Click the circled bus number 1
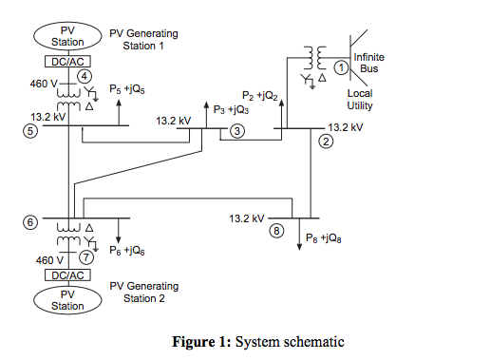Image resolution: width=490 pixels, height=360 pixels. (x=341, y=67)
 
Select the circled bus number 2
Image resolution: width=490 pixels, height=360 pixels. (x=326, y=142)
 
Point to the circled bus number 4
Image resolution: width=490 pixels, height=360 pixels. (x=85, y=75)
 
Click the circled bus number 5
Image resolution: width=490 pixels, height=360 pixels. (x=30, y=132)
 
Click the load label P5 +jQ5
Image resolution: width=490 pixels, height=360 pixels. (x=127, y=88)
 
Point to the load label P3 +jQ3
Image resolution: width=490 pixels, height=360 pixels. (x=231, y=109)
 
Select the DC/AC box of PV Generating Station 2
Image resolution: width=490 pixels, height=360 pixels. (x=67, y=275)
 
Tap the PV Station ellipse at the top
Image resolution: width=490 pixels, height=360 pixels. (x=67, y=36)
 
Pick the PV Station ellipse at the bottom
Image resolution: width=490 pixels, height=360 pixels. (x=67, y=300)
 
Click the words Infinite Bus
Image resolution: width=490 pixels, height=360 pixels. (x=368, y=63)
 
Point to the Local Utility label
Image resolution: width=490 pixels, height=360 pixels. (x=360, y=100)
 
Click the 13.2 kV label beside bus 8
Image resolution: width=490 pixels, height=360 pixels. (x=246, y=218)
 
